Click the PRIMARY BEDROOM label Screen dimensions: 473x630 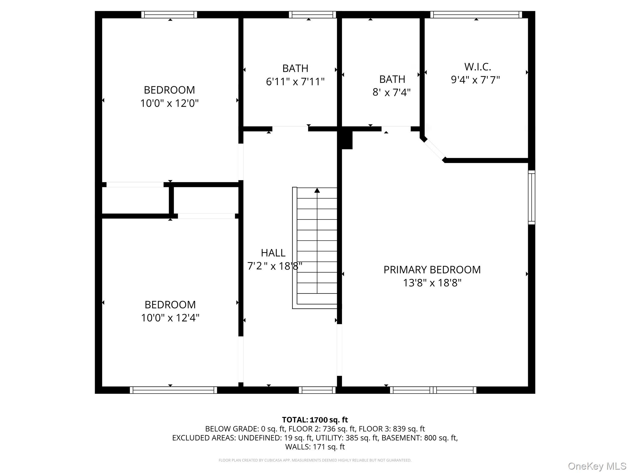pos(432,269)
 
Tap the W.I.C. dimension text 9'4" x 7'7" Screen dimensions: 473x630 pos(475,80)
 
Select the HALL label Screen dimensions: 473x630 pos(273,253)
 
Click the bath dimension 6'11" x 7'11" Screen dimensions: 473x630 pos(295,82)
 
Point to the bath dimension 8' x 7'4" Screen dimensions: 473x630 pos(391,92)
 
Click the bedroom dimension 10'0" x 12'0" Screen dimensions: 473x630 pos(169,103)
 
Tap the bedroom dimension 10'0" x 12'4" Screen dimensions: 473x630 pos(170,318)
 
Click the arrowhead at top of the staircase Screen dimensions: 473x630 pos(317,190)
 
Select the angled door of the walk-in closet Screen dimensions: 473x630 pos(434,150)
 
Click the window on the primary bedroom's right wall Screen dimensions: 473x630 pos(532,197)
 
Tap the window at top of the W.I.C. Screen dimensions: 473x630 pos(476,14)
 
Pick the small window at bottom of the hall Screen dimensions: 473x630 pos(317,390)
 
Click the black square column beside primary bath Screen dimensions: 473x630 pos(347,140)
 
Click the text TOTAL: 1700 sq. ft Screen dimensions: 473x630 pos(315,420)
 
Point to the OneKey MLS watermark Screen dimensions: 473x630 pos(597,466)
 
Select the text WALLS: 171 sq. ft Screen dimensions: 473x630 pos(315,447)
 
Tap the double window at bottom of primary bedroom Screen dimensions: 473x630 pos(433,390)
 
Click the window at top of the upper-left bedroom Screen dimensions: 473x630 pos(169,14)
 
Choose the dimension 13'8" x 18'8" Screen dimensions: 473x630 pos(432,283)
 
